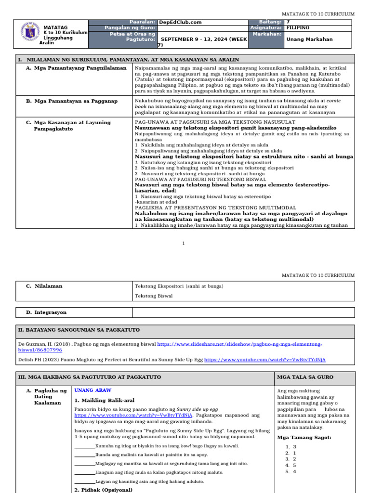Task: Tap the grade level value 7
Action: coord(288,22)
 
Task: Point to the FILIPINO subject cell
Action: coord(298,28)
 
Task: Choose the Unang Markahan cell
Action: coord(309,39)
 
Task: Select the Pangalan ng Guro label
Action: coord(130,28)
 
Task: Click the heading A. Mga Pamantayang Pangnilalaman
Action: coord(76,68)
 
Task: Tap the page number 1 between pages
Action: coord(183,243)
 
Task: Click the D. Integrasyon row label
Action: coord(46,312)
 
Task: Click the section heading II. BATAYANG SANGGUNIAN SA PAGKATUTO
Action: coord(79,330)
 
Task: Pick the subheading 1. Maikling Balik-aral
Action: coord(105,401)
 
